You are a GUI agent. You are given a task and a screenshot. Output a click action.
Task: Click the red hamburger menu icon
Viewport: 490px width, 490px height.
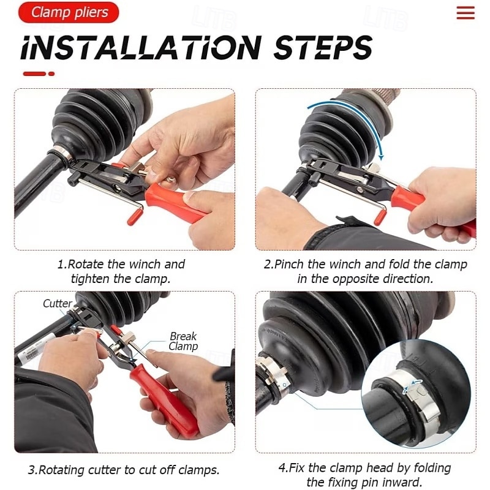466,13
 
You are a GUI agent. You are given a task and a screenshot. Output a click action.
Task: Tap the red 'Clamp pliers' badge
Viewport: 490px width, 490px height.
69,12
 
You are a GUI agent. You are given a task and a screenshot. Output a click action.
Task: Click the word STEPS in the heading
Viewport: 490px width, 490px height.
323,47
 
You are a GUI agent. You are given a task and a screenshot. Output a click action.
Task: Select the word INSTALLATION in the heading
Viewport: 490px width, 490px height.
141,47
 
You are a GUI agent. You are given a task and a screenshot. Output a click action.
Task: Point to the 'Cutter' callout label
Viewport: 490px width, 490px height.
57,303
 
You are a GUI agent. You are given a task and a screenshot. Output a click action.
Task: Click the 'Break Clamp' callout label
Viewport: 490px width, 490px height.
183,341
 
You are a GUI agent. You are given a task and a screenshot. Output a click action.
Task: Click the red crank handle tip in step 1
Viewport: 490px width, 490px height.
135,217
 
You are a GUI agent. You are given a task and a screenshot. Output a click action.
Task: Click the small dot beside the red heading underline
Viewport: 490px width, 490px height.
51,73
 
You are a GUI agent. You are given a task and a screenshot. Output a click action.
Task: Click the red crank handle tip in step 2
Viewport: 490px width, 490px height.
380,217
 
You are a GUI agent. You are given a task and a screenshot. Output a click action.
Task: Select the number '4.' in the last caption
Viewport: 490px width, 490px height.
283,468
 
